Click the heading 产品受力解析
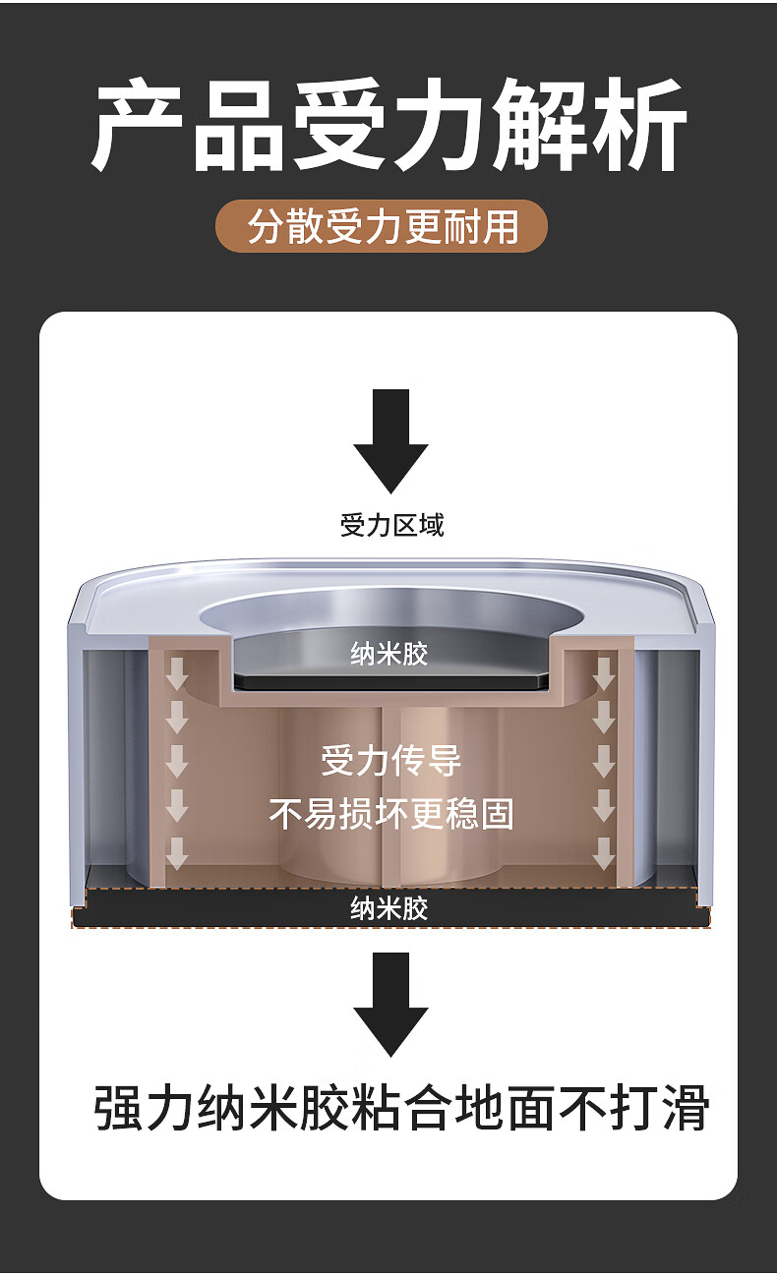tap(388, 126)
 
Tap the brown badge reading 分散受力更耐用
tap(382, 226)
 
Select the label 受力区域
tap(391, 525)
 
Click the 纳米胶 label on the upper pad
tap(389, 653)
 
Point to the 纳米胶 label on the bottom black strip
tap(389, 907)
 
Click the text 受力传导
tap(390, 760)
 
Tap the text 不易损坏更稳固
tap(390, 813)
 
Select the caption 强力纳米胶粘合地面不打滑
tap(401, 1108)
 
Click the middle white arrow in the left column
tap(177, 762)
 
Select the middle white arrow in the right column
tap(604, 762)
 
